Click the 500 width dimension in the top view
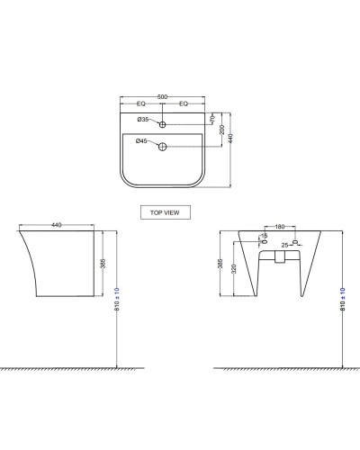coord(163,97)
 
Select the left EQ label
coord(140,105)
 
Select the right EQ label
coord(184,105)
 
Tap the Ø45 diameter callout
coord(142,141)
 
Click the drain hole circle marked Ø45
coord(163,146)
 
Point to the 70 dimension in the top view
coord(211,119)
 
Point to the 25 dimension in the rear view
coord(284,244)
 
